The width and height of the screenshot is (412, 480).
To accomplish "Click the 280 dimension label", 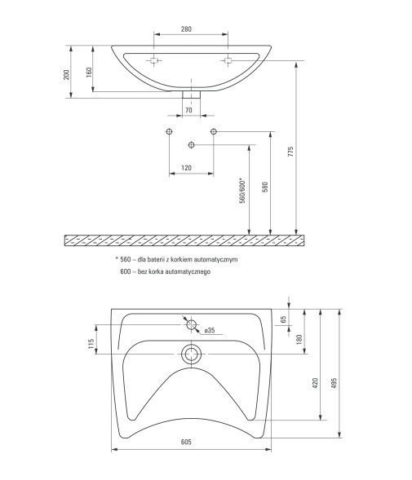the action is [x=186, y=29].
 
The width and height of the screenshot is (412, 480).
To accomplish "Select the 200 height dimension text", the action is [x=67, y=75].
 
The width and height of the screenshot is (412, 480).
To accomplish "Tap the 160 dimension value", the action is [x=89, y=73].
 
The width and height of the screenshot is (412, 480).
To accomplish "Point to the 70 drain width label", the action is [x=188, y=110].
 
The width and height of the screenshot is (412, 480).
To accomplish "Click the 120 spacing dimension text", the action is [x=186, y=168].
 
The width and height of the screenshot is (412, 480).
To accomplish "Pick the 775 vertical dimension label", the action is [x=290, y=152].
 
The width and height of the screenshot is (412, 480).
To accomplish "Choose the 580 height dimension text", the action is [x=265, y=187].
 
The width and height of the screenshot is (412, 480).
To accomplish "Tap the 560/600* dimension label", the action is [x=242, y=191].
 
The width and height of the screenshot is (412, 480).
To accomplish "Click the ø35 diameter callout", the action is [x=210, y=330].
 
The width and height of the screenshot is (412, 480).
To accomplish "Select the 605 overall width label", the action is [x=186, y=442].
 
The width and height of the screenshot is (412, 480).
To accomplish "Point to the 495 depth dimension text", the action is [x=334, y=383].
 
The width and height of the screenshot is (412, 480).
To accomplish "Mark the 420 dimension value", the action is [x=315, y=383].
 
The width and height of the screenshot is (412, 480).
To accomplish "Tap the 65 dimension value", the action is [x=284, y=319].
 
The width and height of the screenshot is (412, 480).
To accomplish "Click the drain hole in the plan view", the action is [x=192, y=354].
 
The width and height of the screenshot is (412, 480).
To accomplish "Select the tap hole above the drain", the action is [x=192, y=324].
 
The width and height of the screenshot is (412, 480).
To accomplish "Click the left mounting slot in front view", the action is [x=153, y=60].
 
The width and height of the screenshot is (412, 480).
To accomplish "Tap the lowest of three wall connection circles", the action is [x=191, y=144].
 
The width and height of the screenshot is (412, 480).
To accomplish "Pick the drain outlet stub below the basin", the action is [x=191, y=94].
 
